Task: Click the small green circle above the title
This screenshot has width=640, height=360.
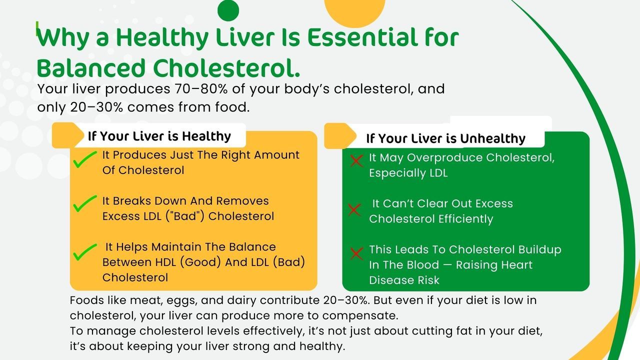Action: click(228, 10)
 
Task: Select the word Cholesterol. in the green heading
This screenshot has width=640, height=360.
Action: click(226, 68)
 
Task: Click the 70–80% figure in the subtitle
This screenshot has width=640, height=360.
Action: click(201, 89)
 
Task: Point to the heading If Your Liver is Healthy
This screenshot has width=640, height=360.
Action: click(159, 136)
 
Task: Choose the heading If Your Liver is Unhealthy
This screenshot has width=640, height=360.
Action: click(445, 138)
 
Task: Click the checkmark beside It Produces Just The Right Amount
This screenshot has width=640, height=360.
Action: click(85, 159)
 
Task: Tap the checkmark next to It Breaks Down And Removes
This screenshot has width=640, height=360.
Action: click(85, 203)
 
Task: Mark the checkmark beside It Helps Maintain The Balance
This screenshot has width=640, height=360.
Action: click(85, 252)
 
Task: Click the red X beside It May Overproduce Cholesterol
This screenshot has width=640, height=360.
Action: click(356, 160)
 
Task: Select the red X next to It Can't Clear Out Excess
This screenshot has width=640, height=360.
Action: click(354, 209)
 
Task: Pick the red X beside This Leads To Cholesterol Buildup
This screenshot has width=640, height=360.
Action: click(356, 253)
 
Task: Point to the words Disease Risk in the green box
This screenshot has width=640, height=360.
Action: click(404, 280)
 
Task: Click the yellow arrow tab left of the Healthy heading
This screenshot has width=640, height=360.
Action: click(67, 135)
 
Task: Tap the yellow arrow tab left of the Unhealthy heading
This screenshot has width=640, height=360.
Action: click(340, 136)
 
